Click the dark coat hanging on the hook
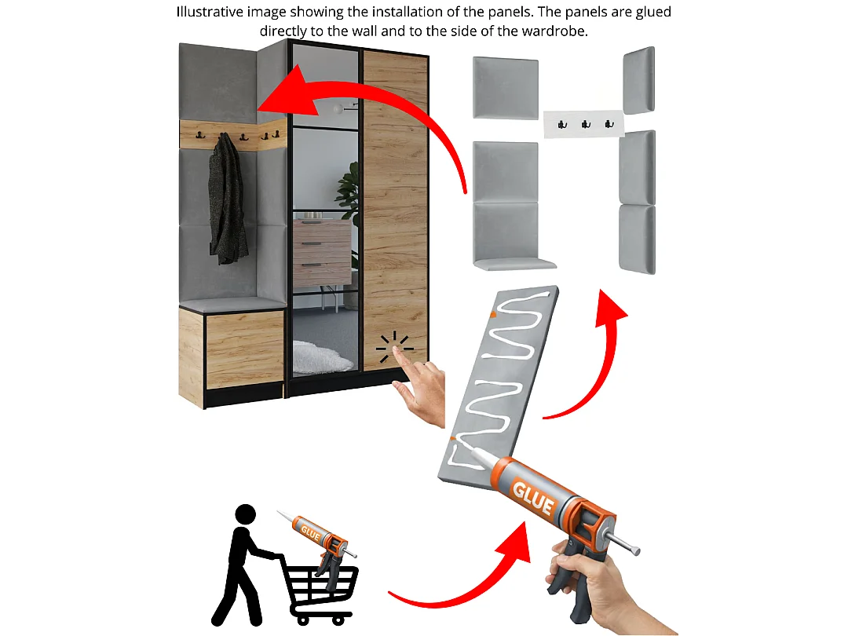click(227, 200)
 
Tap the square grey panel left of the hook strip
click(506, 88)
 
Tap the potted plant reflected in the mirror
click(349, 192)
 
